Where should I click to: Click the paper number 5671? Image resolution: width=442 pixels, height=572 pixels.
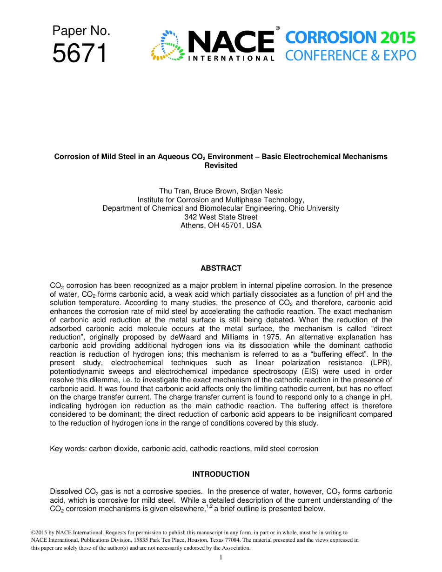tap(80, 53)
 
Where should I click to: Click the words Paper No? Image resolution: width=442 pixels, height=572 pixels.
tap(81, 31)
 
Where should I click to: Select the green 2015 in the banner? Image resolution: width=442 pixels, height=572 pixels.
tap(397, 38)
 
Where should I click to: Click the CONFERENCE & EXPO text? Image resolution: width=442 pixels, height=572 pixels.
tap(350, 56)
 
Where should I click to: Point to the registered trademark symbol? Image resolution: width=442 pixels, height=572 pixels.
tap(278, 28)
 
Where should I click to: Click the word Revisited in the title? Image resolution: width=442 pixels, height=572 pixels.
tap(221, 166)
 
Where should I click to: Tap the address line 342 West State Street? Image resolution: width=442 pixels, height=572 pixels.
tap(221, 217)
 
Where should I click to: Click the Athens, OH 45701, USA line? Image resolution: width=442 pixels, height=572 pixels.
tap(221, 226)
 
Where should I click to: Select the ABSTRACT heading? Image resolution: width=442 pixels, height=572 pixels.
tap(221, 268)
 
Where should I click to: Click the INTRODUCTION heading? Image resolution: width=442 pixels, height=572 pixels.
tap(221, 474)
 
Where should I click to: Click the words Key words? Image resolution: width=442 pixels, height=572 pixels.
tap(68, 449)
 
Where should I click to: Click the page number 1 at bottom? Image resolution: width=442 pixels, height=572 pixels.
tap(221, 557)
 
